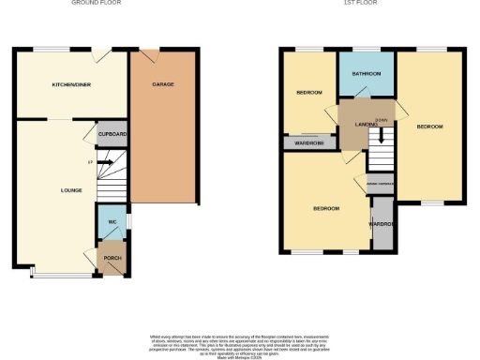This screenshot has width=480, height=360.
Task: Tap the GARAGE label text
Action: point(164,84)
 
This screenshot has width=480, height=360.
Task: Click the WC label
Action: point(112,221)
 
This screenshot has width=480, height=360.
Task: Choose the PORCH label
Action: point(112,259)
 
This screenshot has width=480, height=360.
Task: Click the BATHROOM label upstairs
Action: point(367,74)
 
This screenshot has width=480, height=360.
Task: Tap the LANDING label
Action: point(366,125)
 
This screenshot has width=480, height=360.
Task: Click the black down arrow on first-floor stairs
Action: point(381,134)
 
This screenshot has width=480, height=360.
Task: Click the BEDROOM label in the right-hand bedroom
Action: point(430,127)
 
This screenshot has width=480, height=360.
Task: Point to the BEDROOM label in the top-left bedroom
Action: point(309,93)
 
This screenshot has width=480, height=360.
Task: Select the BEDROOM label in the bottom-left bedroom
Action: point(325,208)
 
